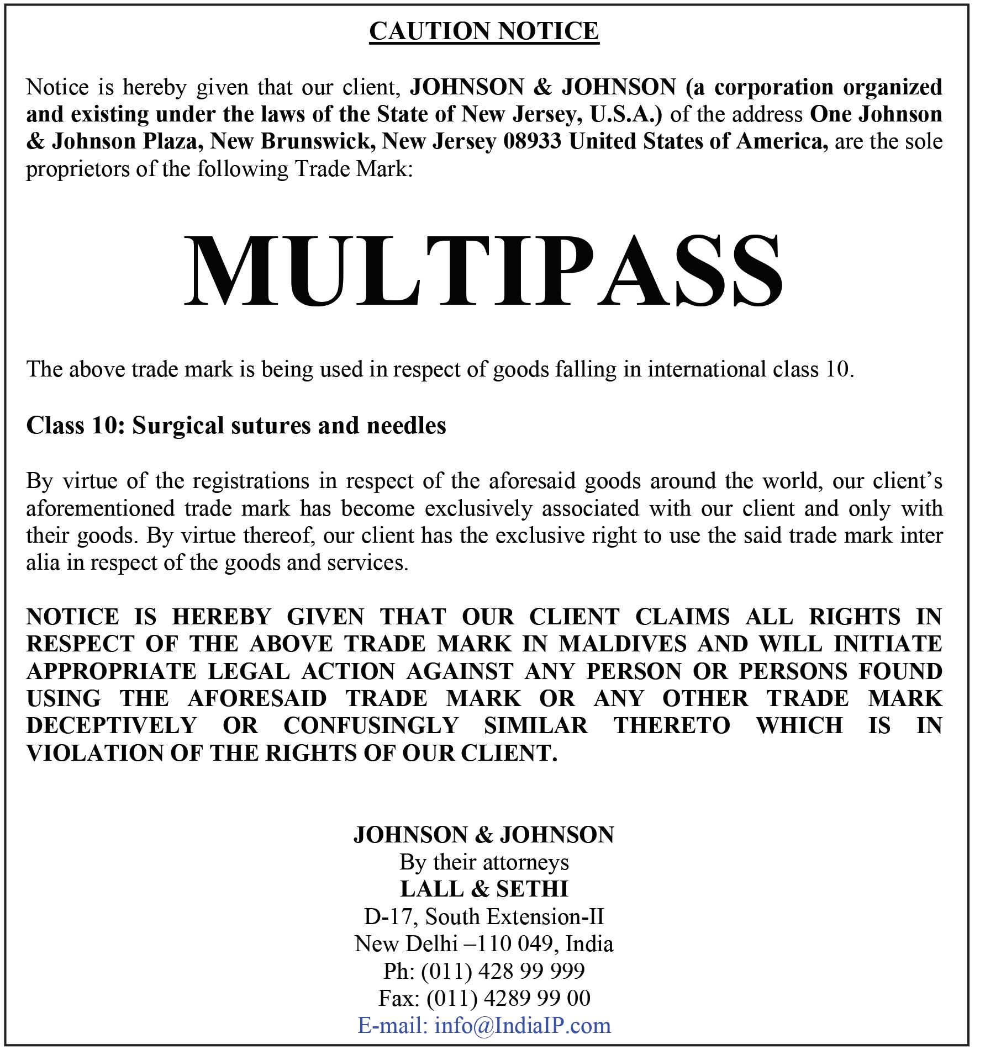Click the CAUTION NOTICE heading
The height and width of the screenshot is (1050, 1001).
click(484, 31)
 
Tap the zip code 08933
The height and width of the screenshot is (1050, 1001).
click(532, 141)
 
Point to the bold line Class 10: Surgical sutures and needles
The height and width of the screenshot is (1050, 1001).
click(236, 425)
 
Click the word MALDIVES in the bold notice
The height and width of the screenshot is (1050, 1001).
click(623, 644)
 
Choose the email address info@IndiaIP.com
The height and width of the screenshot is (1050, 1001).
click(523, 1025)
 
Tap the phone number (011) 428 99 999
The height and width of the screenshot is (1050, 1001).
click(503, 971)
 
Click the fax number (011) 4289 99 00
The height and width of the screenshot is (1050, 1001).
click(508, 998)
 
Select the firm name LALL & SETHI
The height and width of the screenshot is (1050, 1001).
click(484, 888)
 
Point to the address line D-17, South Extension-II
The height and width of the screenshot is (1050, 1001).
click(484, 916)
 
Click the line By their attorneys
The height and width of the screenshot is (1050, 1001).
click(484, 862)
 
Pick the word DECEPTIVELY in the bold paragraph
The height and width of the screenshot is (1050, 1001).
click(112, 725)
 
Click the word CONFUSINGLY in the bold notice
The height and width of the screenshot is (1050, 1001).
click(371, 725)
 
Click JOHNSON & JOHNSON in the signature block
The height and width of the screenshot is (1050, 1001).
click(484, 834)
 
